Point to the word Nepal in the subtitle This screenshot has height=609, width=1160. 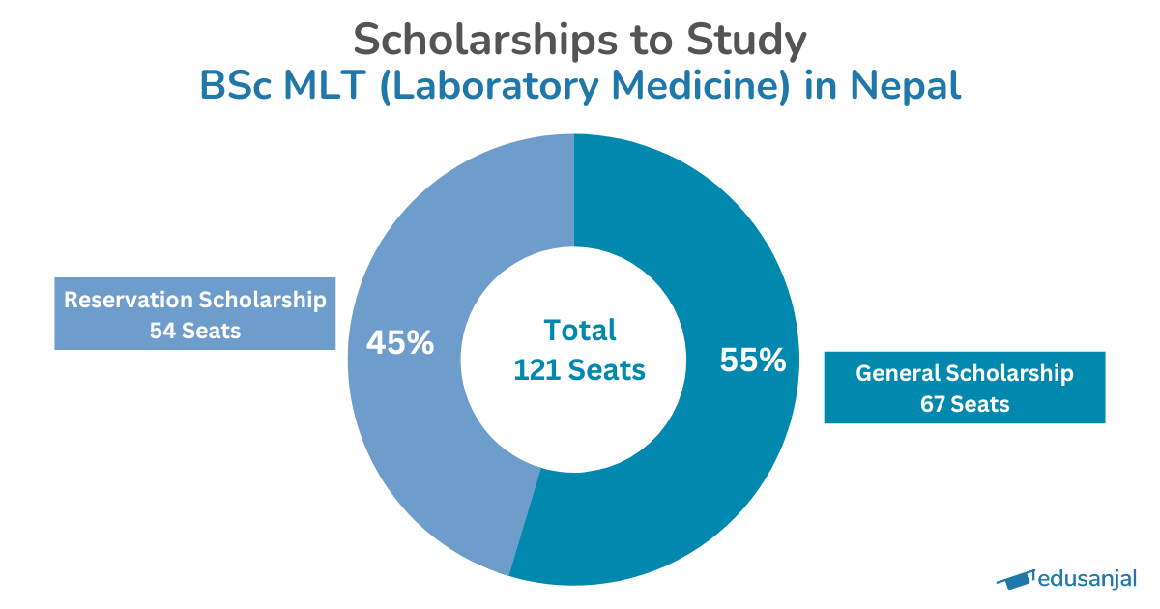(906, 85)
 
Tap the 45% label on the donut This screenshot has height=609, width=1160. (399, 342)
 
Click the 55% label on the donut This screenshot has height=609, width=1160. (753, 361)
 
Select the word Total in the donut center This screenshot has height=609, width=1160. (579, 330)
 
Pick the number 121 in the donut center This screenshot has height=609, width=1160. (537, 369)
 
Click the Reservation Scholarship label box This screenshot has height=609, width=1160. (194, 314)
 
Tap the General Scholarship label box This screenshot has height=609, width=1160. (964, 388)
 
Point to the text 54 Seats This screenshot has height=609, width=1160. (194, 330)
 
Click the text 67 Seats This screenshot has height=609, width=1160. (964, 404)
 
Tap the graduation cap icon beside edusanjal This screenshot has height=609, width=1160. (1014, 579)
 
